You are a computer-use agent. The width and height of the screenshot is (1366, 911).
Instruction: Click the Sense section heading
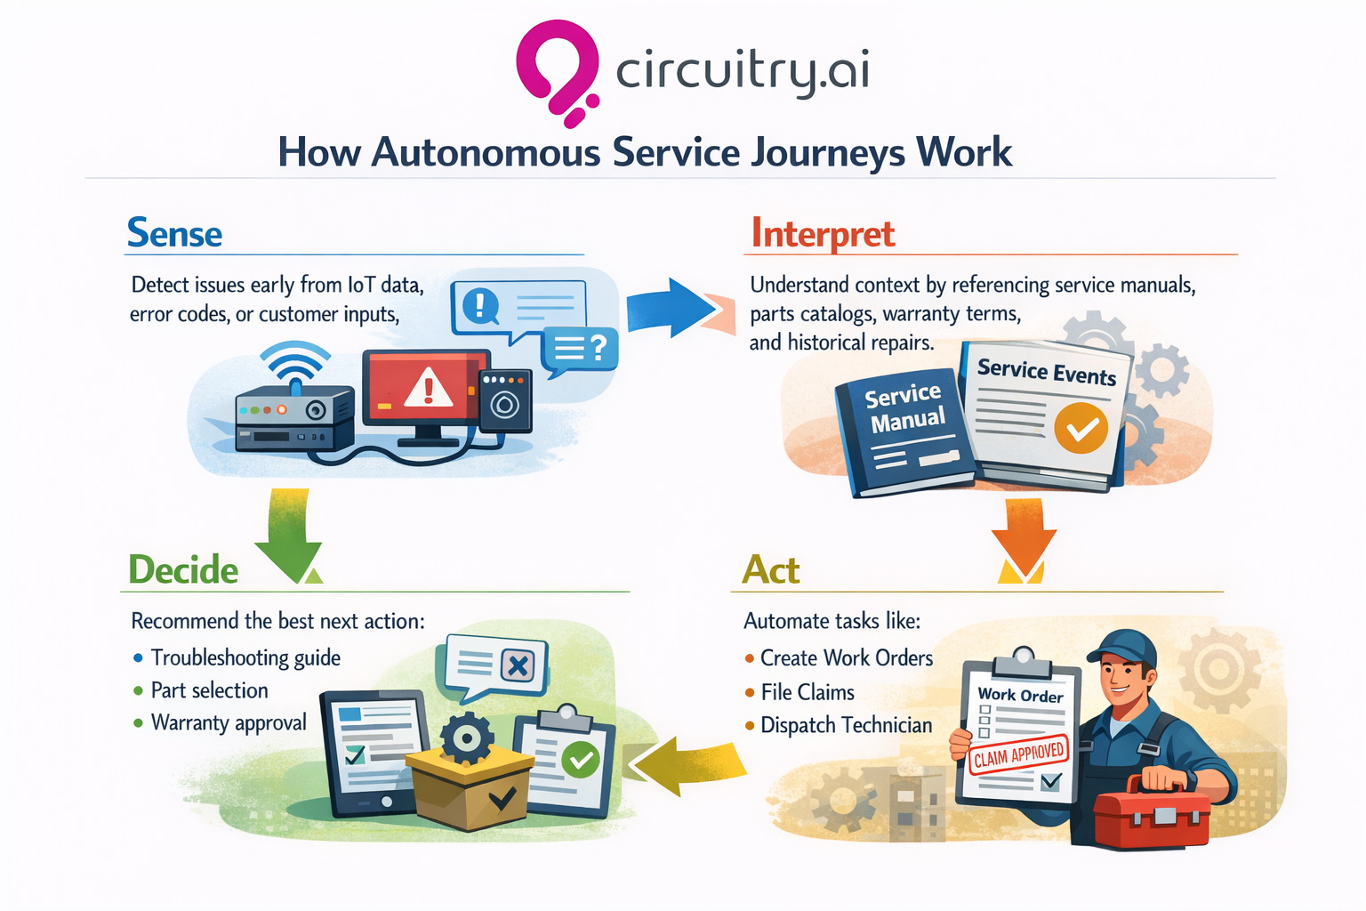point(174,233)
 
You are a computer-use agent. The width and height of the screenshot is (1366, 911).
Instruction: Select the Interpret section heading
point(823,234)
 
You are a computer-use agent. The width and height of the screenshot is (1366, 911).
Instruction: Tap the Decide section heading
point(183,570)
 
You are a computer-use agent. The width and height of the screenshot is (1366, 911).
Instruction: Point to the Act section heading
point(771,570)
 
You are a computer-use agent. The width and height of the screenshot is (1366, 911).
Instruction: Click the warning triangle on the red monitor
point(429,388)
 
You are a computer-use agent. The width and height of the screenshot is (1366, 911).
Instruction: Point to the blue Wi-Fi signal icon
point(294,365)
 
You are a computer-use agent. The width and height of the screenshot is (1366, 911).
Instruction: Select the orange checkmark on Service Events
point(1081,429)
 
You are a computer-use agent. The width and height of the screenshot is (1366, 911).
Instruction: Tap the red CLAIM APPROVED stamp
point(1018,755)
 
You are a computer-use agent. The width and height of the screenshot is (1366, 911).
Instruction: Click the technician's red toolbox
point(1151,815)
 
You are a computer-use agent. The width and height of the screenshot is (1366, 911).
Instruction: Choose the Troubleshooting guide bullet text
point(245,657)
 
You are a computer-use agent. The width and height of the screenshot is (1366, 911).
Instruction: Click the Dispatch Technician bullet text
point(846,725)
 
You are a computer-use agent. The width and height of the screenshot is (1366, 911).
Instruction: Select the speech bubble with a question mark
point(580,349)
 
